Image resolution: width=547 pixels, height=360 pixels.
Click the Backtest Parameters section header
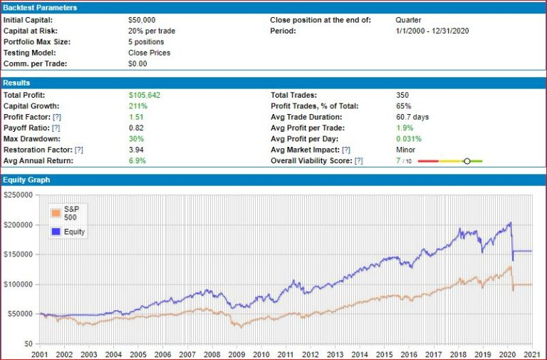(x=40, y=7)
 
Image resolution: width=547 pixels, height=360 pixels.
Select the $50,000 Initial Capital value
(x=142, y=20)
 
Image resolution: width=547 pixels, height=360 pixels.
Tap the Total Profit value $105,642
(x=145, y=95)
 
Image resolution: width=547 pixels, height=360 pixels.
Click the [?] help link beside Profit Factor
(x=56, y=117)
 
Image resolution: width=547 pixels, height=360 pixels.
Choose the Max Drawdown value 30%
(x=135, y=139)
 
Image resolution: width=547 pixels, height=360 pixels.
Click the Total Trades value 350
(x=405, y=95)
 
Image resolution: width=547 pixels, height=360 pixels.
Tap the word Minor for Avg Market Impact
(x=406, y=150)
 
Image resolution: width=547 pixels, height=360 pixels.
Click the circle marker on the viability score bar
(x=467, y=161)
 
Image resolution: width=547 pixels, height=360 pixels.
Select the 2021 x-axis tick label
(x=529, y=354)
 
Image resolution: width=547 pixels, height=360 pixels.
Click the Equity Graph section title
(x=26, y=180)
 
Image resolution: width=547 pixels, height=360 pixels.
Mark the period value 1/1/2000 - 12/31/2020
(x=432, y=31)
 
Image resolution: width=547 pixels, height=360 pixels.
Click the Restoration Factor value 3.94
(x=137, y=150)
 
